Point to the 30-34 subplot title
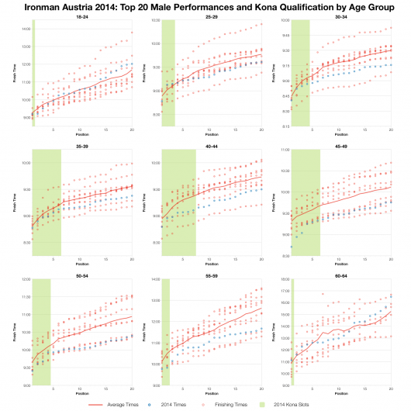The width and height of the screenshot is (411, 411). point(340,16)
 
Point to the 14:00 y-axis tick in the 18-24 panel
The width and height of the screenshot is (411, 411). point(26,29)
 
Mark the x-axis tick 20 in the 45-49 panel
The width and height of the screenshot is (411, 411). point(391,259)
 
